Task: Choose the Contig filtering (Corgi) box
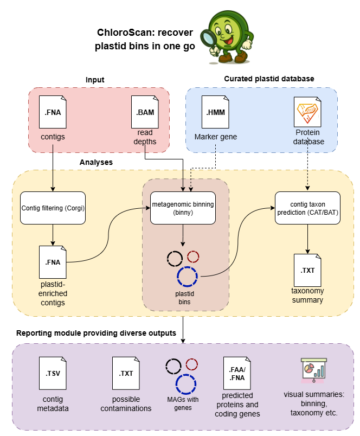(53, 208)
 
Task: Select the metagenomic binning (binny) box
(183, 208)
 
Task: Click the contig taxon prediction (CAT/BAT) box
(307, 208)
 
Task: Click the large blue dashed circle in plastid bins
(188, 276)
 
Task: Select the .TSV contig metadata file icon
(53, 373)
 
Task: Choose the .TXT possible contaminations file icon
(126, 373)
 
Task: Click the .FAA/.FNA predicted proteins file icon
(236, 373)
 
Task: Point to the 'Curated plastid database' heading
(269, 79)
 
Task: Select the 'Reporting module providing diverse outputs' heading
(96, 333)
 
